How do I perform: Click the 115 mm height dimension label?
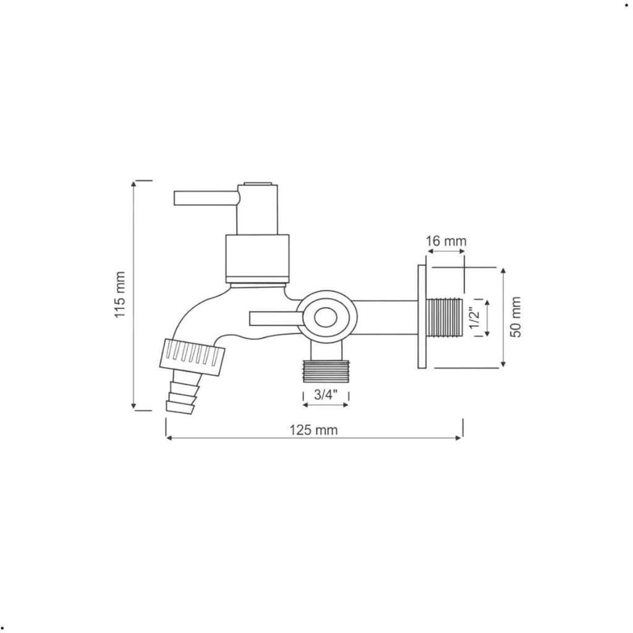120,295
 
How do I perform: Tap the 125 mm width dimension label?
313,430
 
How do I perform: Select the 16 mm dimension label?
446,241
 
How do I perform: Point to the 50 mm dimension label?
516,317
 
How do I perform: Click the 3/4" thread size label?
325,394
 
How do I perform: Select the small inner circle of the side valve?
325,318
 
